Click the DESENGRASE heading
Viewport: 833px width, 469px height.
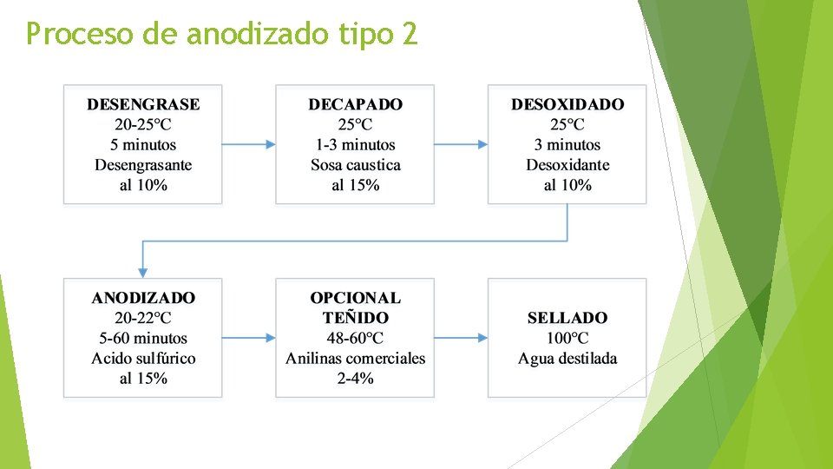(x=142, y=104)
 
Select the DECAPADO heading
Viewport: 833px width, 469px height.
(x=355, y=104)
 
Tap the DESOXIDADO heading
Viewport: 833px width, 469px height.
(x=567, y=104)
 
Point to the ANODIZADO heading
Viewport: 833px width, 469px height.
(x=143, y=298)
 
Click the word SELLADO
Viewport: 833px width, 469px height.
(x=567, y=318)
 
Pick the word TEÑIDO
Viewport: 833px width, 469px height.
(x=355, y=318)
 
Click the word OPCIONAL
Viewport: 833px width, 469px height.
(x=355, y=298)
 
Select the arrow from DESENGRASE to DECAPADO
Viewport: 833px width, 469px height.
(x=249, y=145)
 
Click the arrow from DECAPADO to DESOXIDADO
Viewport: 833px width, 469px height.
(x=461, y=145)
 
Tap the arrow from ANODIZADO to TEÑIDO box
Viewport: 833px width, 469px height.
(x=249, y=338)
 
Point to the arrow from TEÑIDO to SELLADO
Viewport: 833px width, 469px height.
(x=461, y=338)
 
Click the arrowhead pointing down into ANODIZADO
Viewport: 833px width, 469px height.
(x=143, y=270)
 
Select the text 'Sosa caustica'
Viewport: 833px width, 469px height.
(x=355, y=165)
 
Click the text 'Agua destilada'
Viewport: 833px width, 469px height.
(x=567, y=358)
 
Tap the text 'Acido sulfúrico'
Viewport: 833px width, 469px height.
(x=143, y=358)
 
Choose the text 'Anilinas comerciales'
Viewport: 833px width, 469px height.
(x=355, y=358)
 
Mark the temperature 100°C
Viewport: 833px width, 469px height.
(x=567, y=338)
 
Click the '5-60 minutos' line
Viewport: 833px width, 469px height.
(x=143, y=338)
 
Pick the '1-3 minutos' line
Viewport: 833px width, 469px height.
(x=355, y=145)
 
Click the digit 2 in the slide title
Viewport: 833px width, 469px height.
(x=408, y=35)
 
